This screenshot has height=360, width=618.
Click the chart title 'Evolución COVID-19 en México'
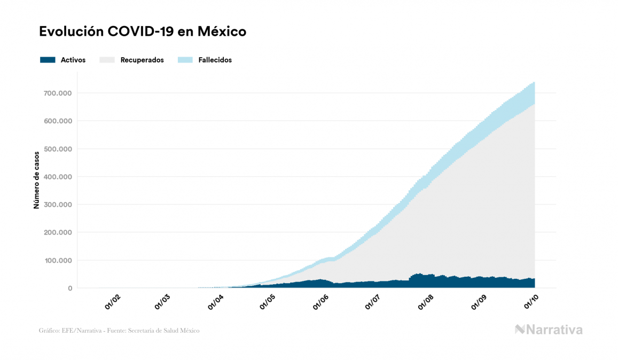pyautogui.click(x=143, y=32)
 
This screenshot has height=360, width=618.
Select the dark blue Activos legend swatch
pyautogui.click(x=48, y=60)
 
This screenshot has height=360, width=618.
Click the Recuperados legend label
pyautogui.click(x=142, y=60)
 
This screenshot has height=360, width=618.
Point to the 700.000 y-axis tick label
pyautogui.click(x=58, y=93)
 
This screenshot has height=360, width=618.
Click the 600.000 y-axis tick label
pyautogui.click(x=58, y=121)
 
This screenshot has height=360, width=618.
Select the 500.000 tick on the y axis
pyautogui.click(x=58, y=149)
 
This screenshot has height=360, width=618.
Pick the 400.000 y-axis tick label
pyautogui.click(x=58, y=177)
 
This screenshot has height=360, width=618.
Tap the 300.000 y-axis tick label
pyautogui.click(x=58, y=205)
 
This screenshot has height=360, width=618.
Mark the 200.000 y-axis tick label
pyautogui.click(x=58, y=232)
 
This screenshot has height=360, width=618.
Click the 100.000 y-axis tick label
pyautogui.click(x=58, y=261)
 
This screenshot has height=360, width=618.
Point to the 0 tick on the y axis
pyautogui.click(x=70, y=288)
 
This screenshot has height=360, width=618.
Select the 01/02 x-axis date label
pyautogui.click(x=112, y=303)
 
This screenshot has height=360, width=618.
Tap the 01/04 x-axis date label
pyautogui.click(x=217, y=303)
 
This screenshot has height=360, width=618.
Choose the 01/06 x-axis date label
pyautogui.click(x=322, y=303)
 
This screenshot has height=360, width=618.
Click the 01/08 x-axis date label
pyautogui.click(x=427, y=303)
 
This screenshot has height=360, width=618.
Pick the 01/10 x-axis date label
pyautogui.click(x=532, y=303)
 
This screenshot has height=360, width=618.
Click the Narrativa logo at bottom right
pyautogui.click(x=549, y=330)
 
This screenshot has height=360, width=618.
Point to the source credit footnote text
pyautogui.click(x=119, y=331)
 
